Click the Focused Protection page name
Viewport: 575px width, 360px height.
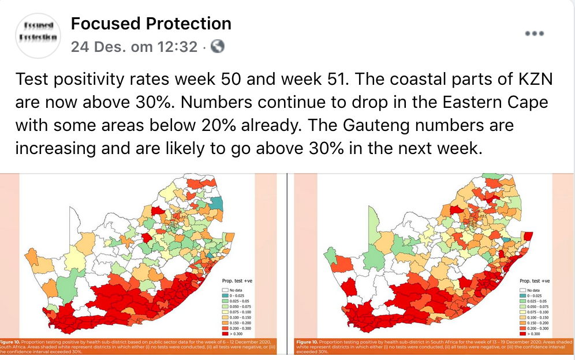(151, 24)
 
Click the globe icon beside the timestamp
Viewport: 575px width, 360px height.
(218, 47)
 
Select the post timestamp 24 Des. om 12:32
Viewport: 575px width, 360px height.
(134, 47)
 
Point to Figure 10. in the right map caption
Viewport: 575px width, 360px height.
(308, 342)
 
